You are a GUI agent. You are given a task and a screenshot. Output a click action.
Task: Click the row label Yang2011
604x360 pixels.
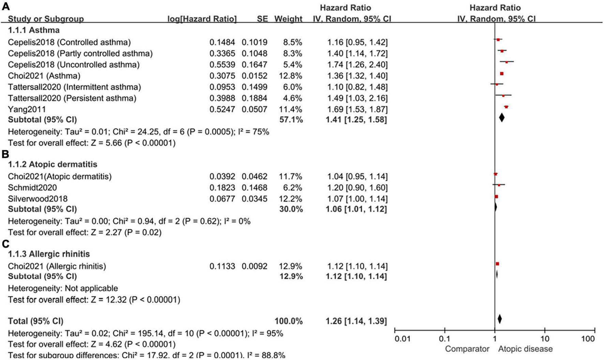click(27, 109)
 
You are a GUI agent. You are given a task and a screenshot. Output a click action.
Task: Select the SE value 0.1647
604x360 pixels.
click(254, 65)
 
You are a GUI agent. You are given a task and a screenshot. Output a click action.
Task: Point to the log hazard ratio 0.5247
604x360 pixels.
click(222, 109)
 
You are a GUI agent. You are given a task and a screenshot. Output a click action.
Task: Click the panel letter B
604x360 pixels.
click(5, 154)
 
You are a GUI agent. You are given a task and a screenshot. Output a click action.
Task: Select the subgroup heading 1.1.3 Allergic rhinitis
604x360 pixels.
click(49, 254)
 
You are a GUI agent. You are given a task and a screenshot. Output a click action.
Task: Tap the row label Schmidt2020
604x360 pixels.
click(32, 188)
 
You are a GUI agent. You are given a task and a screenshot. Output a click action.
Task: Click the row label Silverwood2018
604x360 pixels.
click(38, 199)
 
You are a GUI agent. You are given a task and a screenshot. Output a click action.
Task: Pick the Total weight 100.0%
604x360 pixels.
click(288, 321)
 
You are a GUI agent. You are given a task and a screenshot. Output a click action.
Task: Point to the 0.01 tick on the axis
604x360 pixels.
click(402, 339)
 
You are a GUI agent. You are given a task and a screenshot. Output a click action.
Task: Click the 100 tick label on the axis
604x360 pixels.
click(588, 339)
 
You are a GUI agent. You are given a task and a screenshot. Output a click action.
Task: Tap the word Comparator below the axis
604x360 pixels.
click(467, 349)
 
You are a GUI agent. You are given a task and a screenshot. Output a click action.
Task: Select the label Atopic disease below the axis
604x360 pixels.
click(525, 349)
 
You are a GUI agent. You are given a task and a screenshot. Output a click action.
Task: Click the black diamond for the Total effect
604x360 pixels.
click(500, 319)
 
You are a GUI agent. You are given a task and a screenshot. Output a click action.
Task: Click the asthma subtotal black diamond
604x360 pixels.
click(501, 118)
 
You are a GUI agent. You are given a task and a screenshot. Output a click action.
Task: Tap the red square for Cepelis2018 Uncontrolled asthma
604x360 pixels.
click(507, 62)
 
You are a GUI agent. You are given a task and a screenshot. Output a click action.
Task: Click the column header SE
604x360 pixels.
click(262, 19)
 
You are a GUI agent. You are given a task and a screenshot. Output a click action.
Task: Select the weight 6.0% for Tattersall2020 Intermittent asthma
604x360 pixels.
click(292, 87)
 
